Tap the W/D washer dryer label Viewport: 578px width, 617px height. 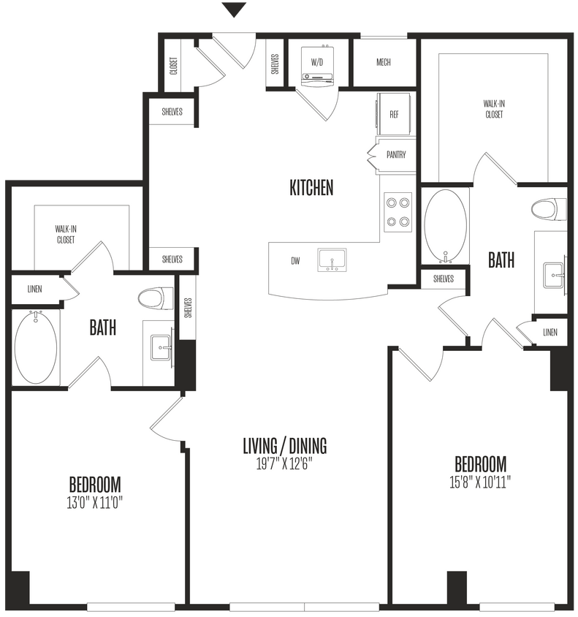(x=317, y=63)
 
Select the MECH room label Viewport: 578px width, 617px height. (x=384, y=63)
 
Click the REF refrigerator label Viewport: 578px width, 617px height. (x=394, y=115)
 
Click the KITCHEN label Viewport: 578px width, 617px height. (x=311, y=188)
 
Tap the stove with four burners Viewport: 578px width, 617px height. (x=397, y=211)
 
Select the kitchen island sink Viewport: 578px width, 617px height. (x=332, y=260)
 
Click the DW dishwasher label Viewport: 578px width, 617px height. (x=295, y=260)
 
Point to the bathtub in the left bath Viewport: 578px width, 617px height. (x=35, y=347)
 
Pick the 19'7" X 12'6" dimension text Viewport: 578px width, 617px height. (x=285, y=463)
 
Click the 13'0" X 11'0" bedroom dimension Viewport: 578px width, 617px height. (x=95, y=502)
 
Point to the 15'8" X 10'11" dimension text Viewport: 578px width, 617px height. (x=481, y=482)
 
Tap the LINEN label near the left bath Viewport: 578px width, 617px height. (x=34, y=289)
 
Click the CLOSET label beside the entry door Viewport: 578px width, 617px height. (x=173, y=67)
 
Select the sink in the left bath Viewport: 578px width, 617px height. (x=160, y=348)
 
